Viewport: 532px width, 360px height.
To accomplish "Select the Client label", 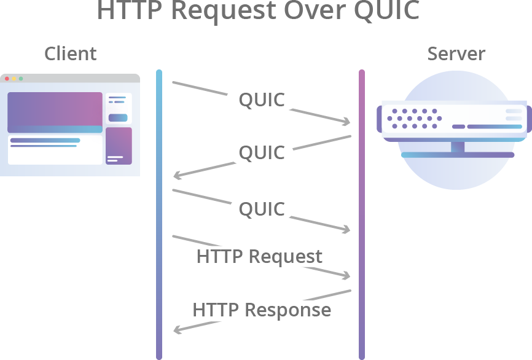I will pos(70,54).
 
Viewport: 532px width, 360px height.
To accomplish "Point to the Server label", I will pos(456,54).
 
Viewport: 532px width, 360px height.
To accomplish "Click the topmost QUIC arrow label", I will pos(262,100).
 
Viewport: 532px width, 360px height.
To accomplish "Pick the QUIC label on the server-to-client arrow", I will pos(262,152).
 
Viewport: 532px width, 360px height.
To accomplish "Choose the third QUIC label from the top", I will pos(262,209).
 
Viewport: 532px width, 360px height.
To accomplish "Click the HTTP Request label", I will pos(259,256).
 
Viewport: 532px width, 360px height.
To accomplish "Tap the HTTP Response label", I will pos(262,310).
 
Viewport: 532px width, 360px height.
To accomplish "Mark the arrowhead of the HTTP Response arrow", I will pos(177,331).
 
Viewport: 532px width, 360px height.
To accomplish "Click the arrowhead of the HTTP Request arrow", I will pos(347,276).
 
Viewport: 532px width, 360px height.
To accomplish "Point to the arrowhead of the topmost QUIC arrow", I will pos(347,122).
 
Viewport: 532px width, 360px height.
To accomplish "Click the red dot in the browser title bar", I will pos(7,79).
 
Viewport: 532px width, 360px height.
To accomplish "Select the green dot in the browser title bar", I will pos(21,79).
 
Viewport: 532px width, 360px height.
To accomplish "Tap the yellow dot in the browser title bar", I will pos(14,79).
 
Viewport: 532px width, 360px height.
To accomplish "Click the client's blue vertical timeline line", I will pos(159,215).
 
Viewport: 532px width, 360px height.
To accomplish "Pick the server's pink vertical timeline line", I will pos(362,215).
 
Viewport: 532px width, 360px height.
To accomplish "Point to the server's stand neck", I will pos(457,147).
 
